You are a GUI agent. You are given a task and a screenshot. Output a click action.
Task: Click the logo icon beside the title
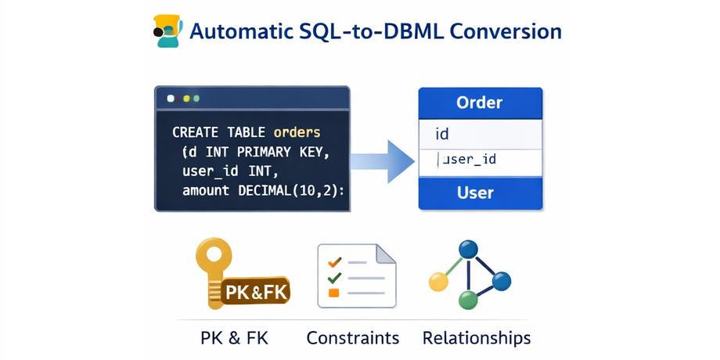tap(167, 31)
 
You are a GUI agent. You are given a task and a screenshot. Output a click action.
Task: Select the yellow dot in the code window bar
tap(186, 99)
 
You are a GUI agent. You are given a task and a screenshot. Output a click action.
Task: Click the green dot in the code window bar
tap(196, 99)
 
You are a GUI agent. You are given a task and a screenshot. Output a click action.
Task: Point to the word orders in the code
tap(297, 132)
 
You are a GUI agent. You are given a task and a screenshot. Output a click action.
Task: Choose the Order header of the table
tap(480, 103)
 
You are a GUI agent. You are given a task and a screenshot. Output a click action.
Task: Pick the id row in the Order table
tap(480, 134)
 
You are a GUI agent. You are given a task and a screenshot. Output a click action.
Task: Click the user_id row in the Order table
tap(480, 160)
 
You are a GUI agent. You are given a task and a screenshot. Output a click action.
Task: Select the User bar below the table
tap(480, 193)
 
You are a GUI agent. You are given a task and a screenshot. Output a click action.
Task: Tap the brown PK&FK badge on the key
tap(257, 293)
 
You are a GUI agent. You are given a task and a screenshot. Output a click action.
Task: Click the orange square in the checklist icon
tap(334, 293)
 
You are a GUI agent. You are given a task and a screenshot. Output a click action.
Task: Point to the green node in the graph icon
tap(467, 300)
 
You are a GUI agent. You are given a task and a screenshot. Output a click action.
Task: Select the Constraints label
tap(353, 338)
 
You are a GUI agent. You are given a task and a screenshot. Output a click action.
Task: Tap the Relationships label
tap(477, 338)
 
